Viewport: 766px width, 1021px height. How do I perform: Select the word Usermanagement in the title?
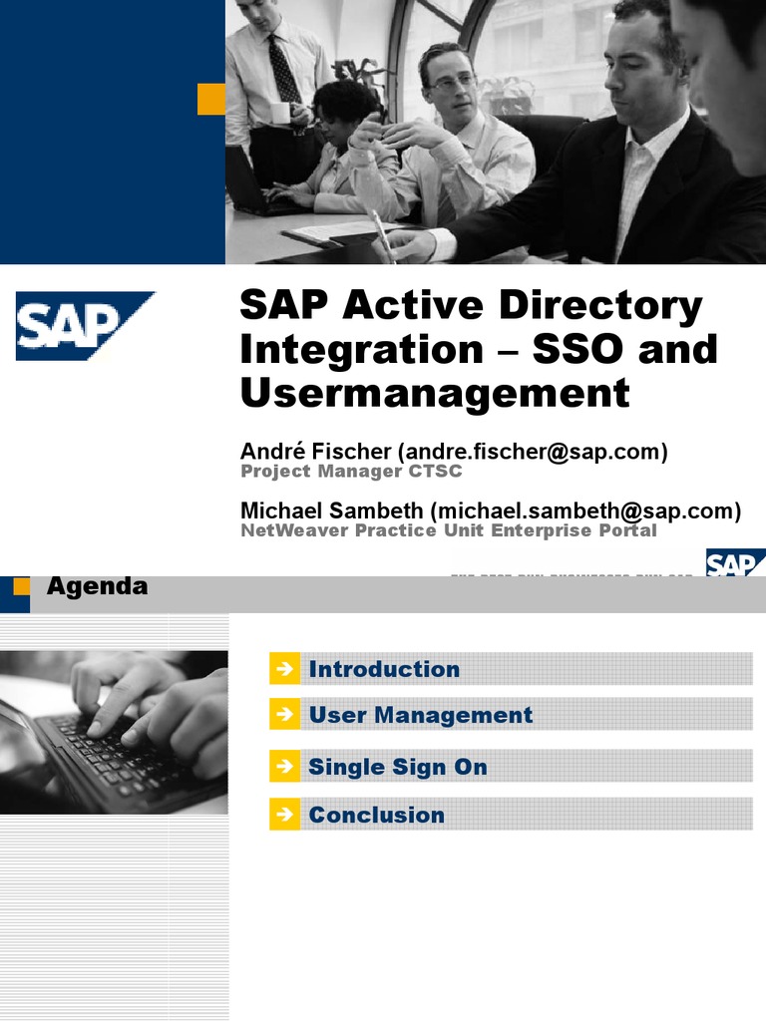coord(435,393)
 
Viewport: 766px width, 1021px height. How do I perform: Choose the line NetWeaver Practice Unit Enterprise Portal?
coord(449,530)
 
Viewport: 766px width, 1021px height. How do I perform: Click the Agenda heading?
coord(98,586)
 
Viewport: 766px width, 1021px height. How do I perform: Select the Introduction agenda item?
coord(384,669)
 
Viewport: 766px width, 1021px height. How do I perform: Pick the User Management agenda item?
coord(420,715)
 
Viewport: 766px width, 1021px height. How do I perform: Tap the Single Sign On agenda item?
coord(397,767)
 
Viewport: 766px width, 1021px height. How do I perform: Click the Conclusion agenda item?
coord(376,815)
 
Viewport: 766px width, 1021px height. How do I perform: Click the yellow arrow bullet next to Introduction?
coord(284,669)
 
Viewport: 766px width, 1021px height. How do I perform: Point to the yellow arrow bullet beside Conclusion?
coord(284,815)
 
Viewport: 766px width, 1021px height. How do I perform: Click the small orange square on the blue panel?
coord(211,99)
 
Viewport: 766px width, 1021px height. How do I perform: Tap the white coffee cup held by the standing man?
coord(279,113)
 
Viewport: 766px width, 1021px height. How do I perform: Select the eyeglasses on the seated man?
coord(452,83)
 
